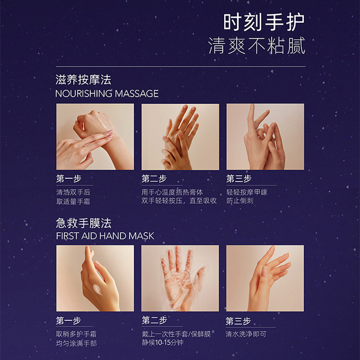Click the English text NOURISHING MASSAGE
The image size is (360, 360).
click(x=107, y=94)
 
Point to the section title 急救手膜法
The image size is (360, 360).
click(x=83, y=223)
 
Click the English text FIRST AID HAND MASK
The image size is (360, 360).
click(x=105, y=236)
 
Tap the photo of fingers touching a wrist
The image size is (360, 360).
click(x=95, y=137)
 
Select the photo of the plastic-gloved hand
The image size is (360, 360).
click(x=180, y=278)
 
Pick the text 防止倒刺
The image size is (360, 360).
click(x=240, y=201)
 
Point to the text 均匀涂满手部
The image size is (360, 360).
click(x=76, y=343)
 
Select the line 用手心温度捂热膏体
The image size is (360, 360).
click(x=172, y=192)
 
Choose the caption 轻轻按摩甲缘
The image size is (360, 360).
click(x=247, y=192)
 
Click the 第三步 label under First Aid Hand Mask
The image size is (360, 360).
click(x=238, y=321)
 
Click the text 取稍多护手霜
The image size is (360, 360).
click(x=76, y=334)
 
